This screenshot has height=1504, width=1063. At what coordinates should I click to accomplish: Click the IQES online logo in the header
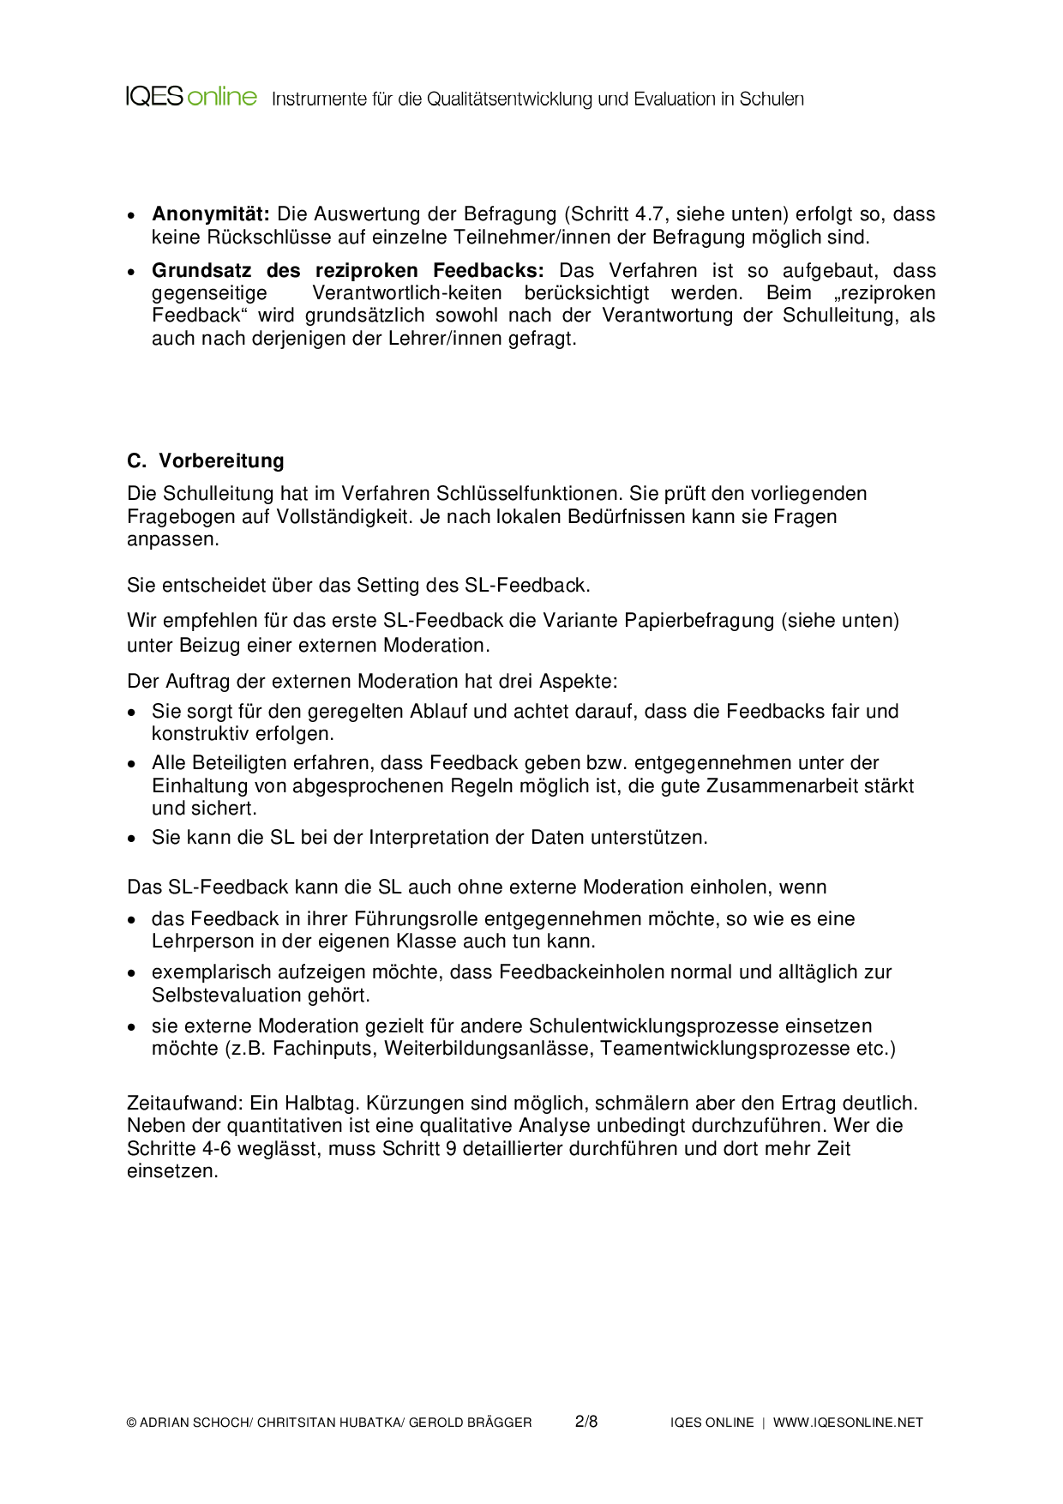tap(191, 97)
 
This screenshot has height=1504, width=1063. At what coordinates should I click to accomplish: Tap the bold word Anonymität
tap(211, 214)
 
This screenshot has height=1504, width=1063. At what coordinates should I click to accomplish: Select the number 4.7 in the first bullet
tap(649, 214)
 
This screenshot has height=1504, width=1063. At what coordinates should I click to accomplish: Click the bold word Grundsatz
tap(201, 271)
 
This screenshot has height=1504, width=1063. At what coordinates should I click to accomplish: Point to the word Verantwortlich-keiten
tap(407, 293)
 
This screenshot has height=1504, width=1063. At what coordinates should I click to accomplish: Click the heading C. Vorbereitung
tap(206, 461)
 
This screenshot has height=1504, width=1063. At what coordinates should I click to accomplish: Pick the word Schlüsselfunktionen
tap(530, 494)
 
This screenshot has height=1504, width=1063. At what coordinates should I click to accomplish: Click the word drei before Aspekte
tap(514, 682)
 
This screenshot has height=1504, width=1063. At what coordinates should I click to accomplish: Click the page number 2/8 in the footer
tap(586, 1422)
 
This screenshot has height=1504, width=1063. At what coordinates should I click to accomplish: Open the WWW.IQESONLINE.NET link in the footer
tap(848, 1423)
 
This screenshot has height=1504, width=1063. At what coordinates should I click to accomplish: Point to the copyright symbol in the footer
tap(132, 1423)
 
